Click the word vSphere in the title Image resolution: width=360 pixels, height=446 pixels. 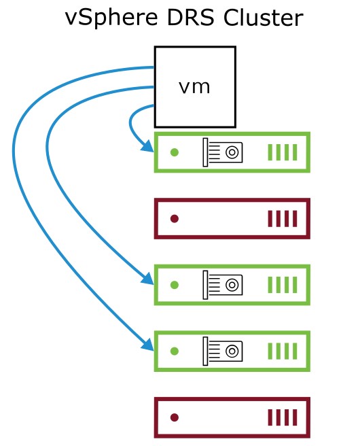click(x=111, y=18)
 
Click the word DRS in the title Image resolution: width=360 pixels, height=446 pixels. click(x=190, y=18)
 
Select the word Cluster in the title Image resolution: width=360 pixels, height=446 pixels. click(x=263, y=18)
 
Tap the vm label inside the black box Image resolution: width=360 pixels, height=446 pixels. click(x=194, y=87)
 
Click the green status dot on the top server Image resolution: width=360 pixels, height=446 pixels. click(x=175, y=152)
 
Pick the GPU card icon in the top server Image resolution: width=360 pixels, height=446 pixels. click(x=223, y=152)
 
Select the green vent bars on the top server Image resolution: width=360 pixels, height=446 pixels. click(x=283, y=152)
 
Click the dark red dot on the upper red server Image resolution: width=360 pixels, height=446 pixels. click(x=175, y=219)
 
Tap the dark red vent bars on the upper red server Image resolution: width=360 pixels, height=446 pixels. click(x=283, y=219)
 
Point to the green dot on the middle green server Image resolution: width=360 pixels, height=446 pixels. click(x=175, y=285)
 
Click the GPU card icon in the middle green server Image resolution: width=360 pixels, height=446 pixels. click(x=223, y=285)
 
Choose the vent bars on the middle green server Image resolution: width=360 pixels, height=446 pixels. click(x=283, y=285)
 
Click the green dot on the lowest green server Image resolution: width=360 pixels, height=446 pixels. click(x=175, y=351)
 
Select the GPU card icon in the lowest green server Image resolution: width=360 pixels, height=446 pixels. click(x=223, y=351)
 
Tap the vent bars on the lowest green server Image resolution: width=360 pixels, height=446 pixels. click(x=283, y=351)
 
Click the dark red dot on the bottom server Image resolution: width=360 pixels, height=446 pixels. click(x=175, y=417)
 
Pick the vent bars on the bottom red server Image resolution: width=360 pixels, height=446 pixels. click(x=283, y=417)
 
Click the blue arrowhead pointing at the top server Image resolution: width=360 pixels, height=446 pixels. click(x=148, y=147)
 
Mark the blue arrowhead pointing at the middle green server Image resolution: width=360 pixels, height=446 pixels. click(x=148, y=279)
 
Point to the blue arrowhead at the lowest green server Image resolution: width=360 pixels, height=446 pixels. click(x=148, y=345)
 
